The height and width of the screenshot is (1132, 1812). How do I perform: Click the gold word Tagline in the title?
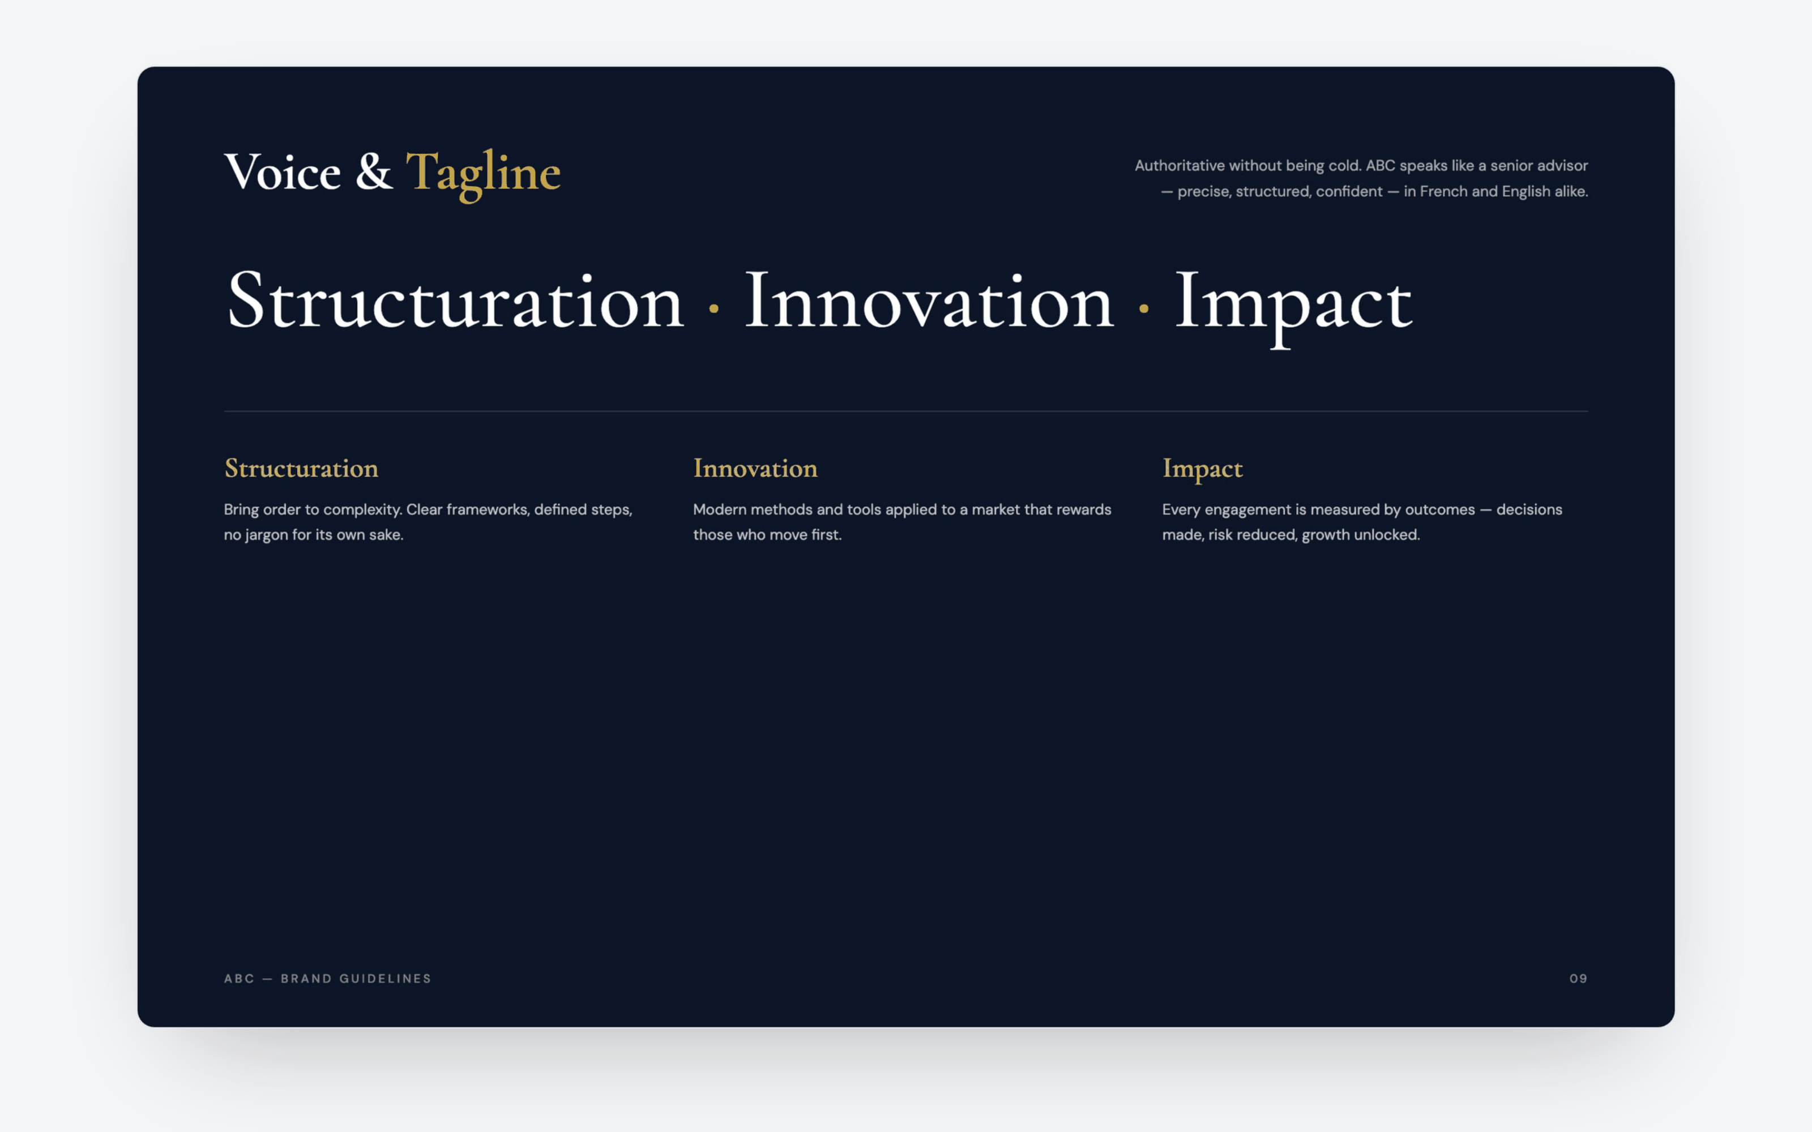click(x=483, y=174)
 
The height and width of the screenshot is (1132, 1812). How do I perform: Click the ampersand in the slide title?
click(x=374, y=171)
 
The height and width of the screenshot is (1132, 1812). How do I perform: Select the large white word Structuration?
click(x=455, y=301)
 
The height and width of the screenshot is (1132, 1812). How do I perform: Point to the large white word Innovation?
click(x=929, y=301)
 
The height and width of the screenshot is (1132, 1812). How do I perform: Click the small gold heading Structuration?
click(x=302, y=469)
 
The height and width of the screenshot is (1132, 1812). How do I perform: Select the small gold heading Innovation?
click(x=755, y=469)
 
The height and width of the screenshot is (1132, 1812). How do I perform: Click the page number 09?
click(x=1578, y=979)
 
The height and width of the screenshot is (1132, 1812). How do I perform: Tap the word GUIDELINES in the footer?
click(x=386, y=979)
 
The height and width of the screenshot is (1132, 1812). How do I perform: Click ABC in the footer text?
click(x=240, y=979)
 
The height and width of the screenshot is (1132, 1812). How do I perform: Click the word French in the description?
click(x=1443, y=192)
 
